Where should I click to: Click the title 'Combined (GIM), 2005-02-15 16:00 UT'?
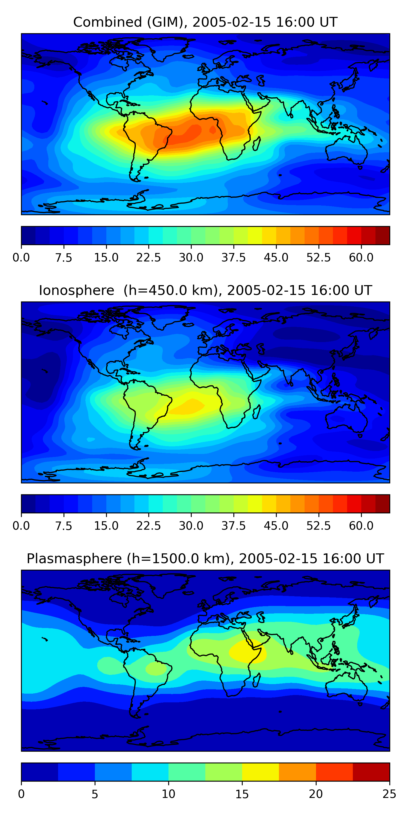click(x=205, y=22)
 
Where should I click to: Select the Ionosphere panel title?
click(x=205, y=291)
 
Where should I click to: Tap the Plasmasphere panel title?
click(x=205, y=559)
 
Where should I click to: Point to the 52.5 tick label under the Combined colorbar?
click(x=318, y=258)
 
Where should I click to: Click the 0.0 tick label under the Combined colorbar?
click(x=21, y=258)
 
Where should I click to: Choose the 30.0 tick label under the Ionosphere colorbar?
click(x=191, y=526)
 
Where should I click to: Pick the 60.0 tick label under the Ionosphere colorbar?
click(x=361, y=526)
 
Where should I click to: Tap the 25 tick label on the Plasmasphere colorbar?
click(x=389, y=794)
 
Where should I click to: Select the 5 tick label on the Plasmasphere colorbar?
click(x=95, y=794)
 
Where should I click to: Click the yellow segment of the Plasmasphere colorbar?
click(x=260, y=772)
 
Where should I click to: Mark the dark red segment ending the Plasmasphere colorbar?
click(x=371, y=772)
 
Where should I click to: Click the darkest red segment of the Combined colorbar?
click(x=382, y=235)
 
